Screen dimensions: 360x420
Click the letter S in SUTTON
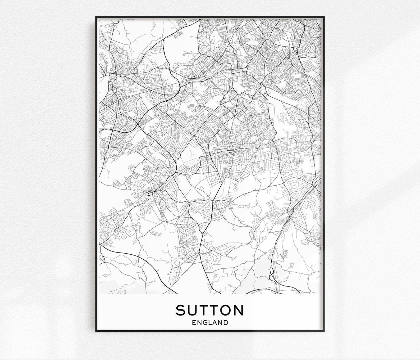(x=181, y=310)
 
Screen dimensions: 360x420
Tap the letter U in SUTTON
(x=193, y=310)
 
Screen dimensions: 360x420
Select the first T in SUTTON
(x=204, y=310)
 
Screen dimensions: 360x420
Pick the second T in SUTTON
(x=214, y=310)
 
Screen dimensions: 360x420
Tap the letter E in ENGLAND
(x=194, y=322)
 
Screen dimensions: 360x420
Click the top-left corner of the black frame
(x=96, y=17)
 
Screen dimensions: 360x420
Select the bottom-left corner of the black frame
(x=96, y=332)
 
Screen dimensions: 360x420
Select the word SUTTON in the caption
(x=209, y=310)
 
